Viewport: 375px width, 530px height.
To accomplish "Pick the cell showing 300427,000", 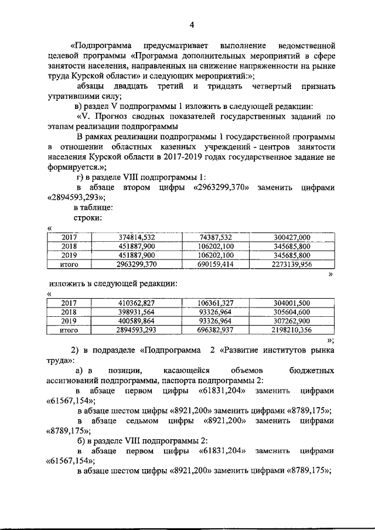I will point(291,237).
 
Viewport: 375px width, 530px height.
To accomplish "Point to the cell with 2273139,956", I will point(291,264).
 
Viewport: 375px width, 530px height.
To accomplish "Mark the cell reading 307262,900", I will point(291,321).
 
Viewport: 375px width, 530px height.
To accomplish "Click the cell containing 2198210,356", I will point(291,330).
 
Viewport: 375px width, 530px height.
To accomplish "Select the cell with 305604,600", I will point(291,312).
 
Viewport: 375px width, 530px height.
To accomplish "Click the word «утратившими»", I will point(73,97).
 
